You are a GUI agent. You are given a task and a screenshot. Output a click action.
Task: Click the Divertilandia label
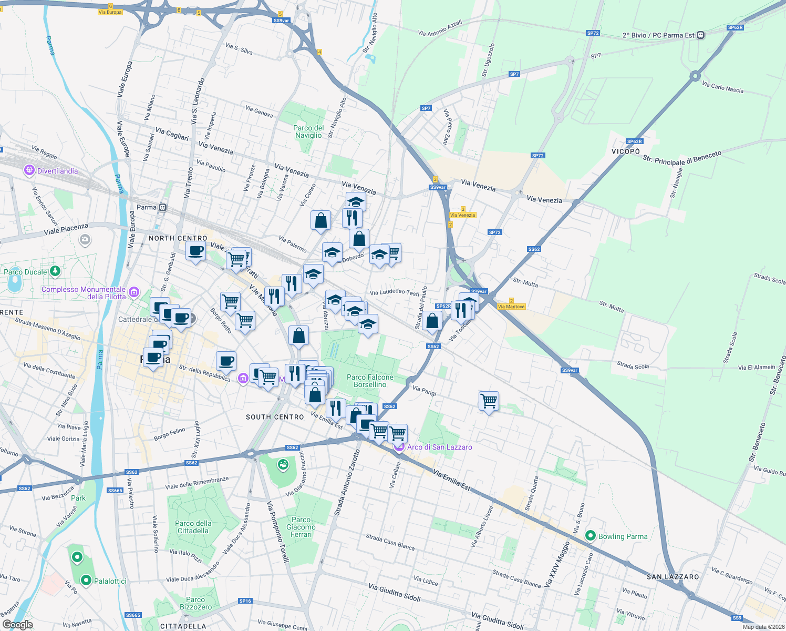pos(57,171)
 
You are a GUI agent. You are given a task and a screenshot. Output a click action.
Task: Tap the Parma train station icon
pos(163,208)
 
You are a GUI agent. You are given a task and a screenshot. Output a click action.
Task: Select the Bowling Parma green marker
pos(590,536)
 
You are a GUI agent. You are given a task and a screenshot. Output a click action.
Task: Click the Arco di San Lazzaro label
pos(439,447)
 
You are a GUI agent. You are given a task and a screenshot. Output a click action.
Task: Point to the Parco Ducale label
pos(25,272)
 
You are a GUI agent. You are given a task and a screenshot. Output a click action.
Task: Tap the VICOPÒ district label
pos(625,151)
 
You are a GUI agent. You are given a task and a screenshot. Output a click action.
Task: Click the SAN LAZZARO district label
pos(673,577)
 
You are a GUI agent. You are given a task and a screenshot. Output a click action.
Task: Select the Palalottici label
pos(110,581)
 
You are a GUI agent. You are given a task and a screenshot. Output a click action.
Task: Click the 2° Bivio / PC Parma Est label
pos(658,35)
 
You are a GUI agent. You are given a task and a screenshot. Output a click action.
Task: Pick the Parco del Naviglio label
pos(308,131)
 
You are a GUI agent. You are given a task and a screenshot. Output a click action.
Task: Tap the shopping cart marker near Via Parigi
pos(489,401)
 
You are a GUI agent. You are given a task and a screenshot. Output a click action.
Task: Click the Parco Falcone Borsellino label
pos(370,381)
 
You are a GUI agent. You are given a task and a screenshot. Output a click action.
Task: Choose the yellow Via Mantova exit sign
pos(511,307)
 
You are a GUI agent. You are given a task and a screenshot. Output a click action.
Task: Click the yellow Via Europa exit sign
pos(110,12)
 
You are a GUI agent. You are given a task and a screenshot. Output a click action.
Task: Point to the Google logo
pos(17,625)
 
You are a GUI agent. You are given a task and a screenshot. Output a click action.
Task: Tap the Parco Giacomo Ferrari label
pos(301,527)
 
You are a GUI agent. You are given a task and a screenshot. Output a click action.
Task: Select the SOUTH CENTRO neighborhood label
pos(275,417)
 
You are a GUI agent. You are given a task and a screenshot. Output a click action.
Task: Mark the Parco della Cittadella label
pos(193,527)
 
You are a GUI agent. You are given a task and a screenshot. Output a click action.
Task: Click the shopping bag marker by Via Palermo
pos(320,221)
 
